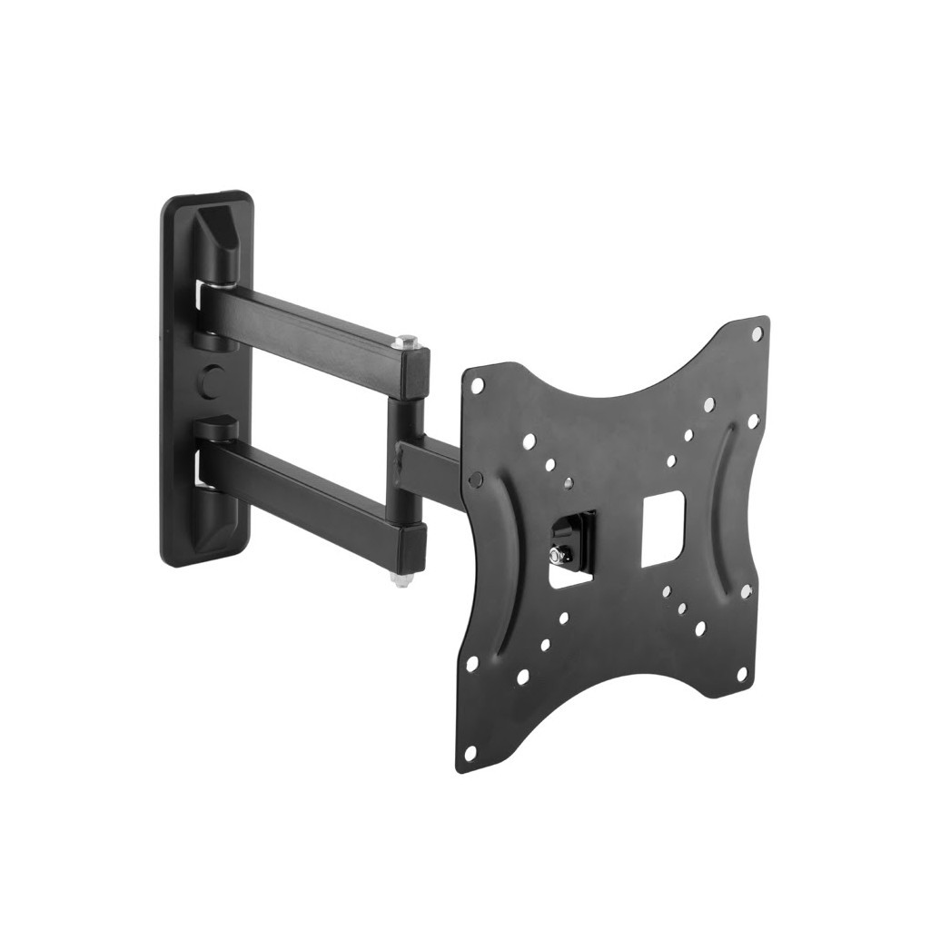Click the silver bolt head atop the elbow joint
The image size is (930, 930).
(x=406, y=342)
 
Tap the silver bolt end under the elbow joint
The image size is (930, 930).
(x=399, y=578)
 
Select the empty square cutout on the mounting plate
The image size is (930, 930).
(x=663, y=528)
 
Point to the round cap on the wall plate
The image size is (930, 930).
(x=211, y=381)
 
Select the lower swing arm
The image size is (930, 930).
(x=300, y=486)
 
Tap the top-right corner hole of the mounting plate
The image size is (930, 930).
(x=757, y=334)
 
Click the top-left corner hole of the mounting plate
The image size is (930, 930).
(x=478, y=385)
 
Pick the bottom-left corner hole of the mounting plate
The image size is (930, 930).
(x=470, y=752)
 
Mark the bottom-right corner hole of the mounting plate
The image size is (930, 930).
(x=742, y=675)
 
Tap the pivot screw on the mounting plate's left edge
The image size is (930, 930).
(x=475, y=479)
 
